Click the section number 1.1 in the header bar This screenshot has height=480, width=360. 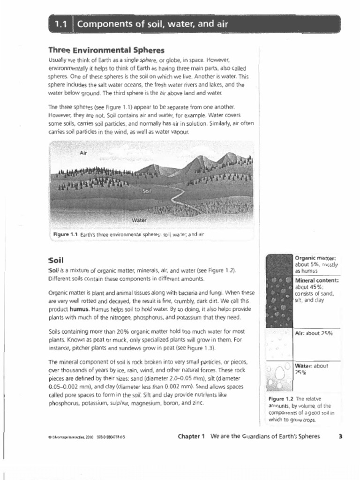pyautogui.click(x=61, y=24)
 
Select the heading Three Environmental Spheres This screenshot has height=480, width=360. pyautogui.click(x=106, y=50)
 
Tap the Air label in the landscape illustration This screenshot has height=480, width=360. pyautogui.click(x=83, y=153)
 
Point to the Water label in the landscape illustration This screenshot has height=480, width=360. pyautogui.click(x=139, y=219)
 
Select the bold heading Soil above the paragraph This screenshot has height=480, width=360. pyautogui.click(x=56, y=260)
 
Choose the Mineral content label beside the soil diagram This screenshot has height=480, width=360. pyautogui.click(x=317, y=280)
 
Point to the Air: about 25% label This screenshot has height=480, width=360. pyautogui.click(x=314, y=333)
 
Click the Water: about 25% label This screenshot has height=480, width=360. pyautogui.click(x=311, y=369)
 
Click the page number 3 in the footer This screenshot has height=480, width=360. pyautogui.click(x=340, y=436)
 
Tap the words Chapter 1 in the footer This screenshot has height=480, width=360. pyautogui.click(x=191, y=436)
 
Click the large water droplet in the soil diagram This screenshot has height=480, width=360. pyautogui.click(x=280, y=373)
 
